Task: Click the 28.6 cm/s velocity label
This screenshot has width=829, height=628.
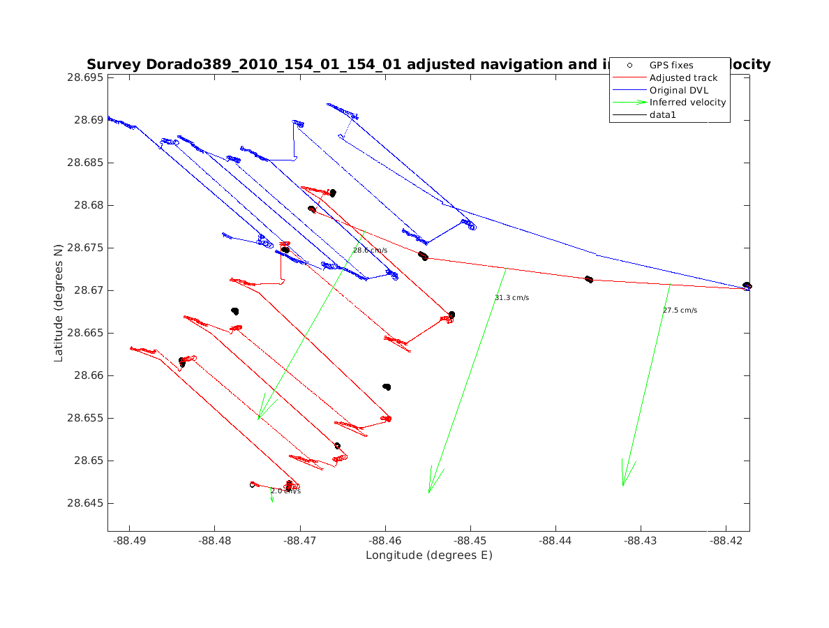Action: (x=370, y=250)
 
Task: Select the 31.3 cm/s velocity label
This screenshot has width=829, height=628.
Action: (x=511, y=298)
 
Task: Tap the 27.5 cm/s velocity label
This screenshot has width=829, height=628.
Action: (x=680, y=311)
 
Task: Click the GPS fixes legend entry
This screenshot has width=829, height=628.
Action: (x=671, y=65)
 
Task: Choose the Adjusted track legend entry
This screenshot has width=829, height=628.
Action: (x=683, y=77)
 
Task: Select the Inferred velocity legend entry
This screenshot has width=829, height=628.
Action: (x=687, y=103)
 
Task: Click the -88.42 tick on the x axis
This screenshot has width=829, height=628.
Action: (x=726, y=541)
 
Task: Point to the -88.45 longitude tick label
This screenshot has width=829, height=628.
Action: (x=470, y=541)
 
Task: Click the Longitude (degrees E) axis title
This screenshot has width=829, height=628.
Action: (x=428, y=555)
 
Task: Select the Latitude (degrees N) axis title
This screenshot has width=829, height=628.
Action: (x=59, y=304)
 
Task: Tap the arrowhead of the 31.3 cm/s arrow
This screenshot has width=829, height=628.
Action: (x=430, y=490)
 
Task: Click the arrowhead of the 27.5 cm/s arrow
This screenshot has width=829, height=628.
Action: (x=623, y=483)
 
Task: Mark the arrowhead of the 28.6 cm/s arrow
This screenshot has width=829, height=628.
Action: (x=260, y=417)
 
